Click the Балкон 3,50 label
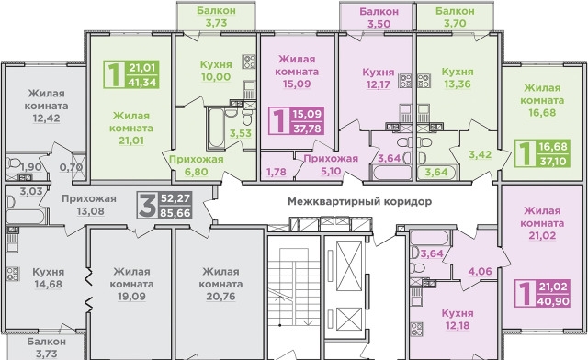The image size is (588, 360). (379, 17)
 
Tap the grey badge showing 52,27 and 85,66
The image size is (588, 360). (164, 205)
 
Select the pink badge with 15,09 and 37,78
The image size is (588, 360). (296, 120)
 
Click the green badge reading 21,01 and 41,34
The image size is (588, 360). (131, 74)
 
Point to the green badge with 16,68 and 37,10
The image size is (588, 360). (543, 153)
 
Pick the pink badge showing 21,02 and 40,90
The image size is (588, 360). (543, 294)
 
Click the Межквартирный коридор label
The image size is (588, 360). (359, 201)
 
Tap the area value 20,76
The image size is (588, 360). (220, 297)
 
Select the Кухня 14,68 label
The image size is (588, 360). (49, 278)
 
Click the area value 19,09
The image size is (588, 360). (131, 297)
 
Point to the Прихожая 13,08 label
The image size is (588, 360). (89, 205)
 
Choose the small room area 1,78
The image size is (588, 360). (276, 172)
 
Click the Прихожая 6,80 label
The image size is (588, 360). (196, 165)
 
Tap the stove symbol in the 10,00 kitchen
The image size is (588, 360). (249, 62)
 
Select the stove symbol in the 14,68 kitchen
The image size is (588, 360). (12, 274)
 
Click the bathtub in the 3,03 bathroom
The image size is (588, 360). (26, 217)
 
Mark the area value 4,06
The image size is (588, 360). (480, 271)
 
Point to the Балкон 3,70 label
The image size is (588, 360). (455, 17)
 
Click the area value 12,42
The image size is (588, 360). (46, 118)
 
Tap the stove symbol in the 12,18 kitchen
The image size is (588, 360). (417, 330)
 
